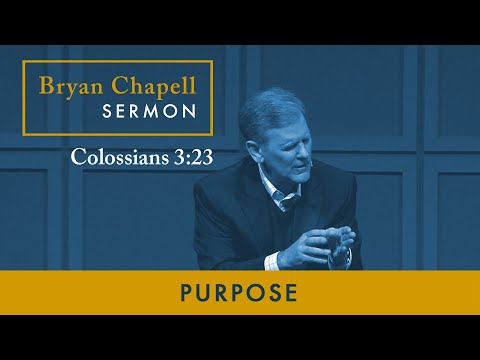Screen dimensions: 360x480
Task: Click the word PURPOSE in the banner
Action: pos(240,293)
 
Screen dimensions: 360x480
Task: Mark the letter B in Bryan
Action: pos(46,84)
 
